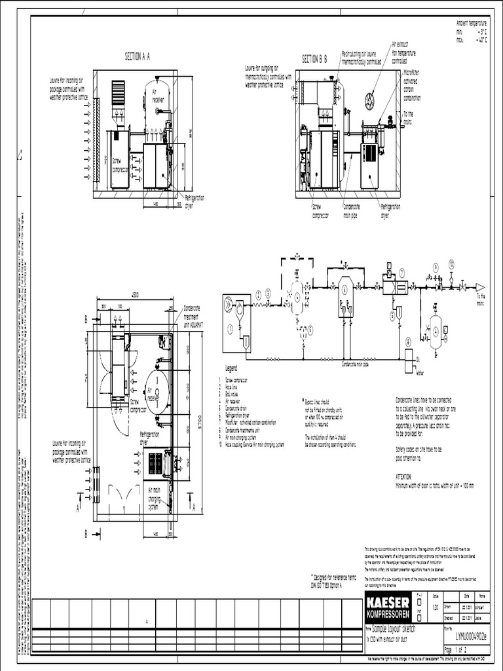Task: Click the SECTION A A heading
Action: pyautogui.click(x=138, y=57)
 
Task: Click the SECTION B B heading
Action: pyautogui.click(x=314, y=59)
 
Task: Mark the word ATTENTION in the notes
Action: pyautogui.click(x=406, y=477)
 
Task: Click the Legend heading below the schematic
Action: pyautogui.click(x=235, y=369)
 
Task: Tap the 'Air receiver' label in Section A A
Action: pyautogui.click(x=158, y=96)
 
